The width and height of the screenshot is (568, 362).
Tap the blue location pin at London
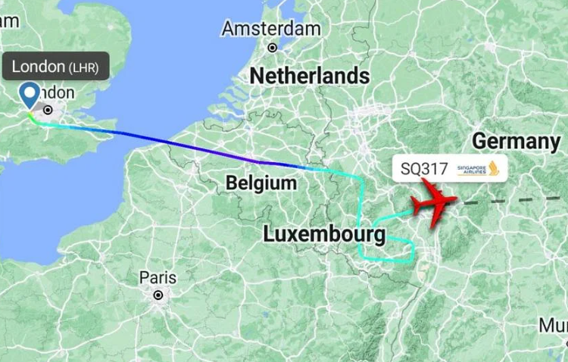[30, 95]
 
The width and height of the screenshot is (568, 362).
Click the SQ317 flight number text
[423, 168]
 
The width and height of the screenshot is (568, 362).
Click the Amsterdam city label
[271, 29]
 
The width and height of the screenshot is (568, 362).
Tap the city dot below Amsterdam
[273, 48]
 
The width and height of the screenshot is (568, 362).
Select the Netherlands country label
[310, 76]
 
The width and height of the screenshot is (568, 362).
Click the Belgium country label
[261, 183]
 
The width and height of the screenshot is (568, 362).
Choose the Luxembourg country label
[324, 235]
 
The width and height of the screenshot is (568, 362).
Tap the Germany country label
[516, 141]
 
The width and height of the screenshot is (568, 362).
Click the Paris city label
[158, 278]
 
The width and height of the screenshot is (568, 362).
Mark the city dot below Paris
[158, 295]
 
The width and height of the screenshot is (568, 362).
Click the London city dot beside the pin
[48, 110]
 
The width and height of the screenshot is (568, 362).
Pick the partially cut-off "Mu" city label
[553, 326]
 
